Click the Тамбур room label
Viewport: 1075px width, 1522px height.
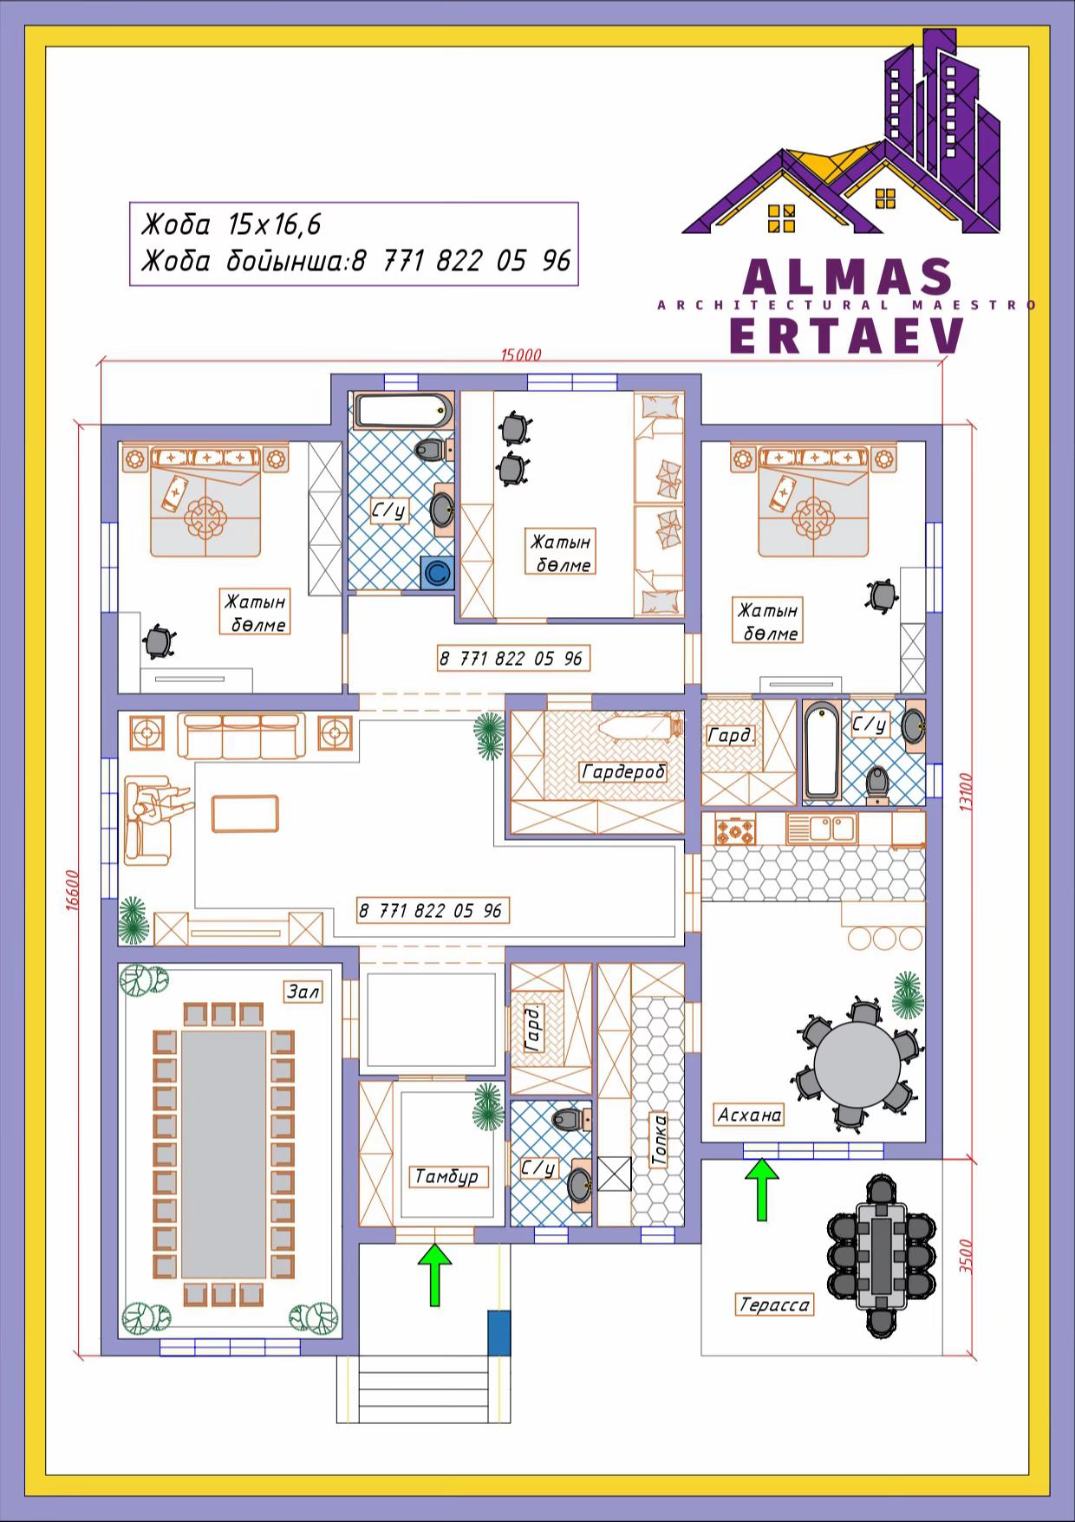(446, 1177)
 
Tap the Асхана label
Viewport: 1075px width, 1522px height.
(750, 1115)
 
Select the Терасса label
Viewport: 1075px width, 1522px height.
(774, 1304)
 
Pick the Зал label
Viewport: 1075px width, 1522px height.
(303, 991)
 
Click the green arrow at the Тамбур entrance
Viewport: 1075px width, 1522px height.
(435, 1275)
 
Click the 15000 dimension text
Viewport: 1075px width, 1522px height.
(521, 354)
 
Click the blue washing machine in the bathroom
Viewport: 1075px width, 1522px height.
(438, 573)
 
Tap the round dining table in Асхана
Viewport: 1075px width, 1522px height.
(857, 1064)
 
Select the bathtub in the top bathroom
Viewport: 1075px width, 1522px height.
(403, 411)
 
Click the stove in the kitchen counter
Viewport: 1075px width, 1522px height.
(735, 829)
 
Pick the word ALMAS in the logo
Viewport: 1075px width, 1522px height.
(848, 276)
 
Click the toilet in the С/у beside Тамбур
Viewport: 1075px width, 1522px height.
(570, 1119)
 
